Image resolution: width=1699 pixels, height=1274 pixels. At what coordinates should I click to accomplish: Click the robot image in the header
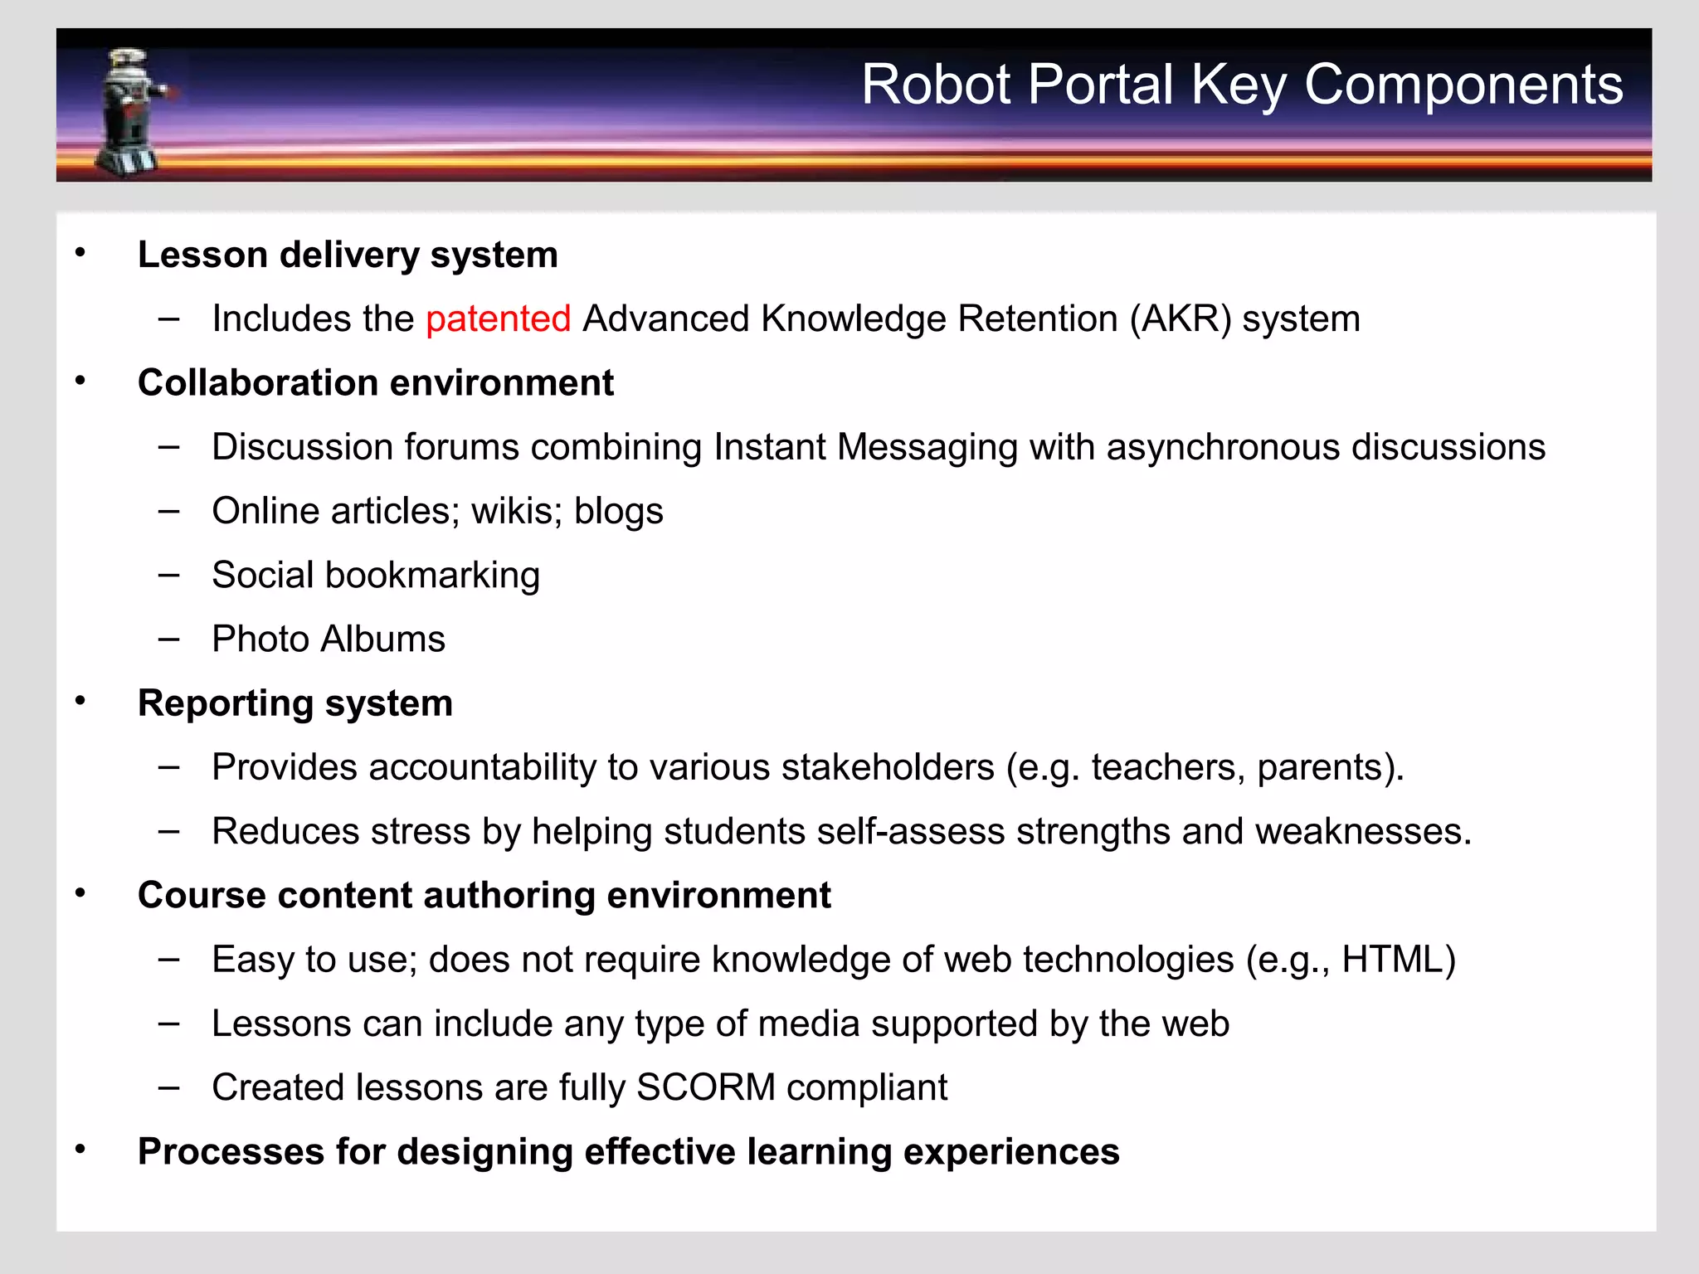pos(132,112)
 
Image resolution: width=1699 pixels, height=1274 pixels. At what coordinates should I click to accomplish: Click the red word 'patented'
pos(498,319)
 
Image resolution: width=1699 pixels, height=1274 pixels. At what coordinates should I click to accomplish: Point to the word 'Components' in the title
pos(1463,85)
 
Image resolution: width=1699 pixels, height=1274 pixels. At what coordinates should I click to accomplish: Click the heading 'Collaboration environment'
pos(376,383)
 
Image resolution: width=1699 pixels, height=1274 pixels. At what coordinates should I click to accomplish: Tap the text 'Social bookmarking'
pos(376,576)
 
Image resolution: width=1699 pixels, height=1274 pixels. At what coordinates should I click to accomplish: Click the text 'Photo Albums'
pos(329,639)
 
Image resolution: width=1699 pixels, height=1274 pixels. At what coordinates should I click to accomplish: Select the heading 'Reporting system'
pos(295,703)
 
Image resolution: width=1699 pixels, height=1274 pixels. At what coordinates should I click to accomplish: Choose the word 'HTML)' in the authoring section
pos(1398,960)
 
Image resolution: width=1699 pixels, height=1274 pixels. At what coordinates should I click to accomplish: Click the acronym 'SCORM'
pos(705,1087)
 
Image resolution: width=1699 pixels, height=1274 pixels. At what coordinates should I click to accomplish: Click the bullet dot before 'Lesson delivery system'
pos(80,252)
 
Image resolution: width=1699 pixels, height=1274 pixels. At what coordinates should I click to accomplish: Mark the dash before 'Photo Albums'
pos(169,639)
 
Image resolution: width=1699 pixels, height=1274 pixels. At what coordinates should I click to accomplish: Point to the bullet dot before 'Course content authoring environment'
pos(80,893)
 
